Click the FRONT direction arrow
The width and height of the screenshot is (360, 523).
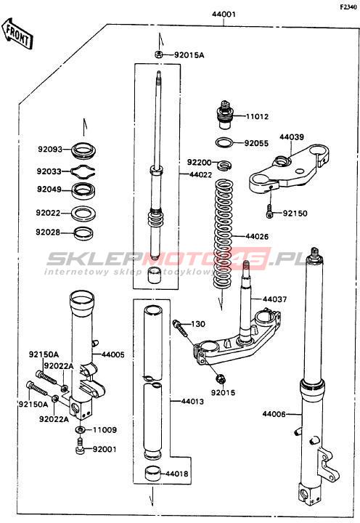[17, 34]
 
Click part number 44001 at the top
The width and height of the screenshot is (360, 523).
[224, 15]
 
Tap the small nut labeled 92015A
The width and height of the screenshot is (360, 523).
[159, 54]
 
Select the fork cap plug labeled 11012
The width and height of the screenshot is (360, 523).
[226, 115]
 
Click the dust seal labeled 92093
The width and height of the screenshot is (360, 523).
[83, 150]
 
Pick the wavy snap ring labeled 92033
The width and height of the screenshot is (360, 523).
[83, 171]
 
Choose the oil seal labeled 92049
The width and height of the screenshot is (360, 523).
[84, 190]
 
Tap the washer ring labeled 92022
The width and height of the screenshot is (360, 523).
[83, 213]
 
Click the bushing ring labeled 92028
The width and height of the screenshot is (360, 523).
[83, 233]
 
